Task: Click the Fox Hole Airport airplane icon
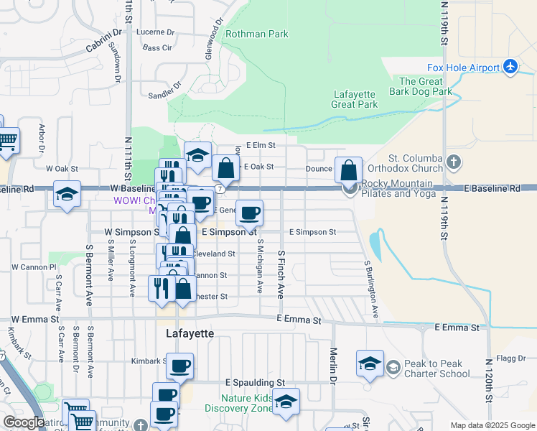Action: [510, 67]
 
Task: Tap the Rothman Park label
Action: [256, 34]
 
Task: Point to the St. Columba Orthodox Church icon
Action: [452, 160]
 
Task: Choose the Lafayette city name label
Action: [190, 334]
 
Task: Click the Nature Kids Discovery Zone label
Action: [238, 404]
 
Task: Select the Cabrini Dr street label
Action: [103, 39]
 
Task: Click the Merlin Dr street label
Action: [334, 365]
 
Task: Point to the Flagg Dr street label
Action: [511, 358]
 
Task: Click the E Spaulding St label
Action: [255, 382]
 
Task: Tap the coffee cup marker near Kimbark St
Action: [179, 366]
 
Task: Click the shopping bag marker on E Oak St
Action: [225, 170]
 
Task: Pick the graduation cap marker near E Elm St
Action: [197, 155]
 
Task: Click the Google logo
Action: [24, 422]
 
